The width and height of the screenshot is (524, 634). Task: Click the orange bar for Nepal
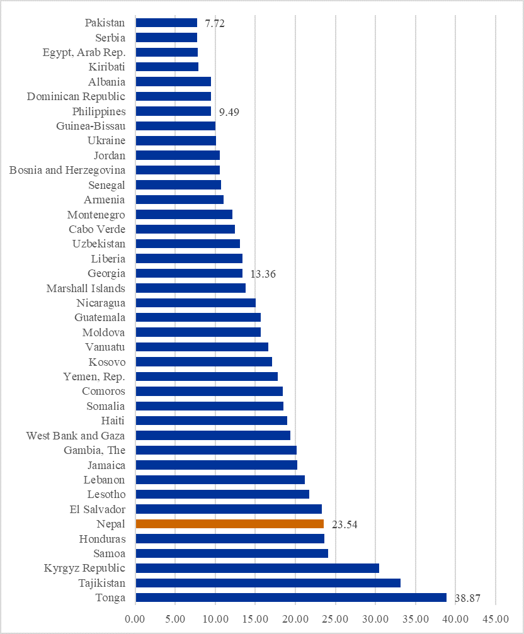(x=230, y=524)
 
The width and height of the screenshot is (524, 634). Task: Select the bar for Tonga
(x=291, y=597)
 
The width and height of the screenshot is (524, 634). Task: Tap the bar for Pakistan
(x=166, y=23)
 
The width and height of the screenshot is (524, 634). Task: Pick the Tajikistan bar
(x=268, y=583)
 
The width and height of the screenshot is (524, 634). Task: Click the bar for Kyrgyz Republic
(x=257, y=568)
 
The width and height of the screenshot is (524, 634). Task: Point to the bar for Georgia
(x=189, y=273)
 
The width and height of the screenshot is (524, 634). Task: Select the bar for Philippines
(x=173, y=111)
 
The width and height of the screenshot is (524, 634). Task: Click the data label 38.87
(x=467, y=598)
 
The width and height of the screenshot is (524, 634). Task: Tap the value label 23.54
(x=345, y=524)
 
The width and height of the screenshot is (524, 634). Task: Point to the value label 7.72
(x=215, y=24)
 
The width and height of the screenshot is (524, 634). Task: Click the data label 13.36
(x=263, y=274)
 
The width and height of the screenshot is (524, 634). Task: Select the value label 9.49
(x=229, y=113)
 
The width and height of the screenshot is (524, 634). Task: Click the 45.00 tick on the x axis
(x=496, y=620)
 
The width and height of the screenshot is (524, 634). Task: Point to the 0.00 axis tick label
(x=135, y=620)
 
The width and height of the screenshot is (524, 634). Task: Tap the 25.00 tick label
(x=336, y=620)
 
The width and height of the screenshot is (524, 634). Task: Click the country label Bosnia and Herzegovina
(x=67, y=170)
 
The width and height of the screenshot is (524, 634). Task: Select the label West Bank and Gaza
(x=76, y=436)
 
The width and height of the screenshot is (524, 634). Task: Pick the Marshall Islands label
(x=86, y=288)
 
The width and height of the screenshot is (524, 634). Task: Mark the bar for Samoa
(x=232, y=553)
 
